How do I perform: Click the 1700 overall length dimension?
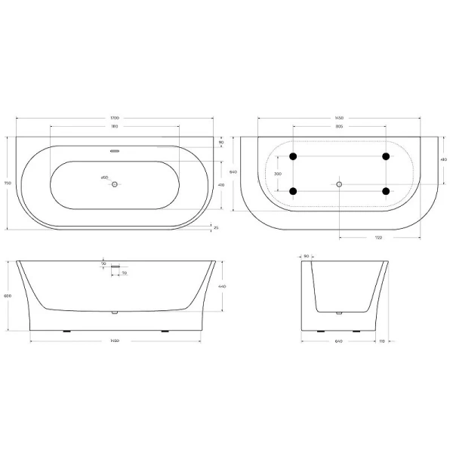114,119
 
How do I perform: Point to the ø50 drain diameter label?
105,177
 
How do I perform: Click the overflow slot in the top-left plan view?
115,149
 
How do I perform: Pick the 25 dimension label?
216,227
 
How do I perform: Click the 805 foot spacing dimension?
339,127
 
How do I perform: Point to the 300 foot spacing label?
277,174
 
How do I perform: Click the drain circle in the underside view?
339,183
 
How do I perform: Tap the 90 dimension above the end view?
307,255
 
